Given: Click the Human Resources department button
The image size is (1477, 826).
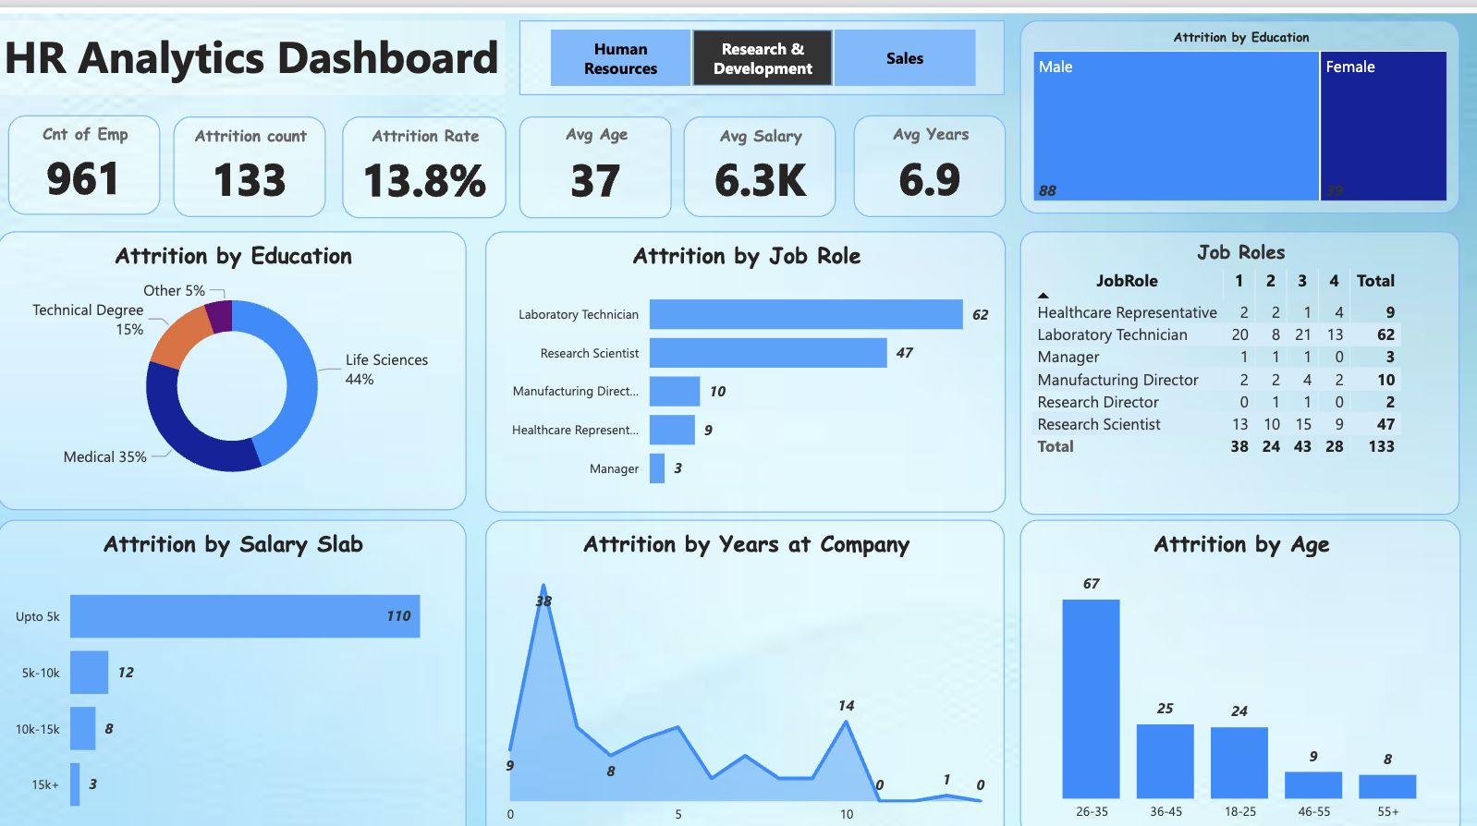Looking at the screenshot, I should pyautogui.click(x=620, y=58).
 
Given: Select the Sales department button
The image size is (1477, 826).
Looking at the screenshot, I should pyautogui.click(x=904, y=58).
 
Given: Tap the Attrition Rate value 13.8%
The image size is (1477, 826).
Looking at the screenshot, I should pyautogui.click(x=424, y=180).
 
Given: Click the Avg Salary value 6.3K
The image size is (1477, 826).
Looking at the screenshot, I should pyautogui.click(x=760, y=180).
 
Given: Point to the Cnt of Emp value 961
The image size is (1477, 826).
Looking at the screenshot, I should pyautogui.click(x=82, y=179).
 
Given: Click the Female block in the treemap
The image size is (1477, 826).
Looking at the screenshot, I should pyautogui.click(x=1383, y=126).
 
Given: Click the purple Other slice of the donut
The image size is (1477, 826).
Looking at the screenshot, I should pyautogui.click(x=220, y=315).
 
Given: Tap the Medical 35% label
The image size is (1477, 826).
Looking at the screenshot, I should pyautogui.click(x=104, y=456).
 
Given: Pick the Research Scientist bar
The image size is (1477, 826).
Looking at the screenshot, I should pyautogui.click(x=767, y=353).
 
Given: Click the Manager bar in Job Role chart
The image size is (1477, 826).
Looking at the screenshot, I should pyautogui.click(x=657, y=468).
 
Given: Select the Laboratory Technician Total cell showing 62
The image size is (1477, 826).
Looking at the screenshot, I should pyautogui.click(x=1385, y=334).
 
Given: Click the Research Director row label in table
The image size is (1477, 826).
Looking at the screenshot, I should pyautogui.click(x=1097, y=402).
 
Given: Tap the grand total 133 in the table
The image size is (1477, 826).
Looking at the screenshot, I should pyautogui.click(x=1381, y=446).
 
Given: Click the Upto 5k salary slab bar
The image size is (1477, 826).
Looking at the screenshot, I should pyautogui.click(x=245, y=616).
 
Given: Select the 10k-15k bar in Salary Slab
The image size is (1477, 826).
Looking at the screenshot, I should pyautogui.click(x=82, y=729).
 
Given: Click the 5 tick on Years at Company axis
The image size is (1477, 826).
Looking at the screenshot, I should pyautogui.click(x=678, y=814).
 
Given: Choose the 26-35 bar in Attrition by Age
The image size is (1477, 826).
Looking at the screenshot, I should pyautogui.click(x=1091, y=698).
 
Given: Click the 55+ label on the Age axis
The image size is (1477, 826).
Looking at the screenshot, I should pyautogui.click(x=1387, y=811).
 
